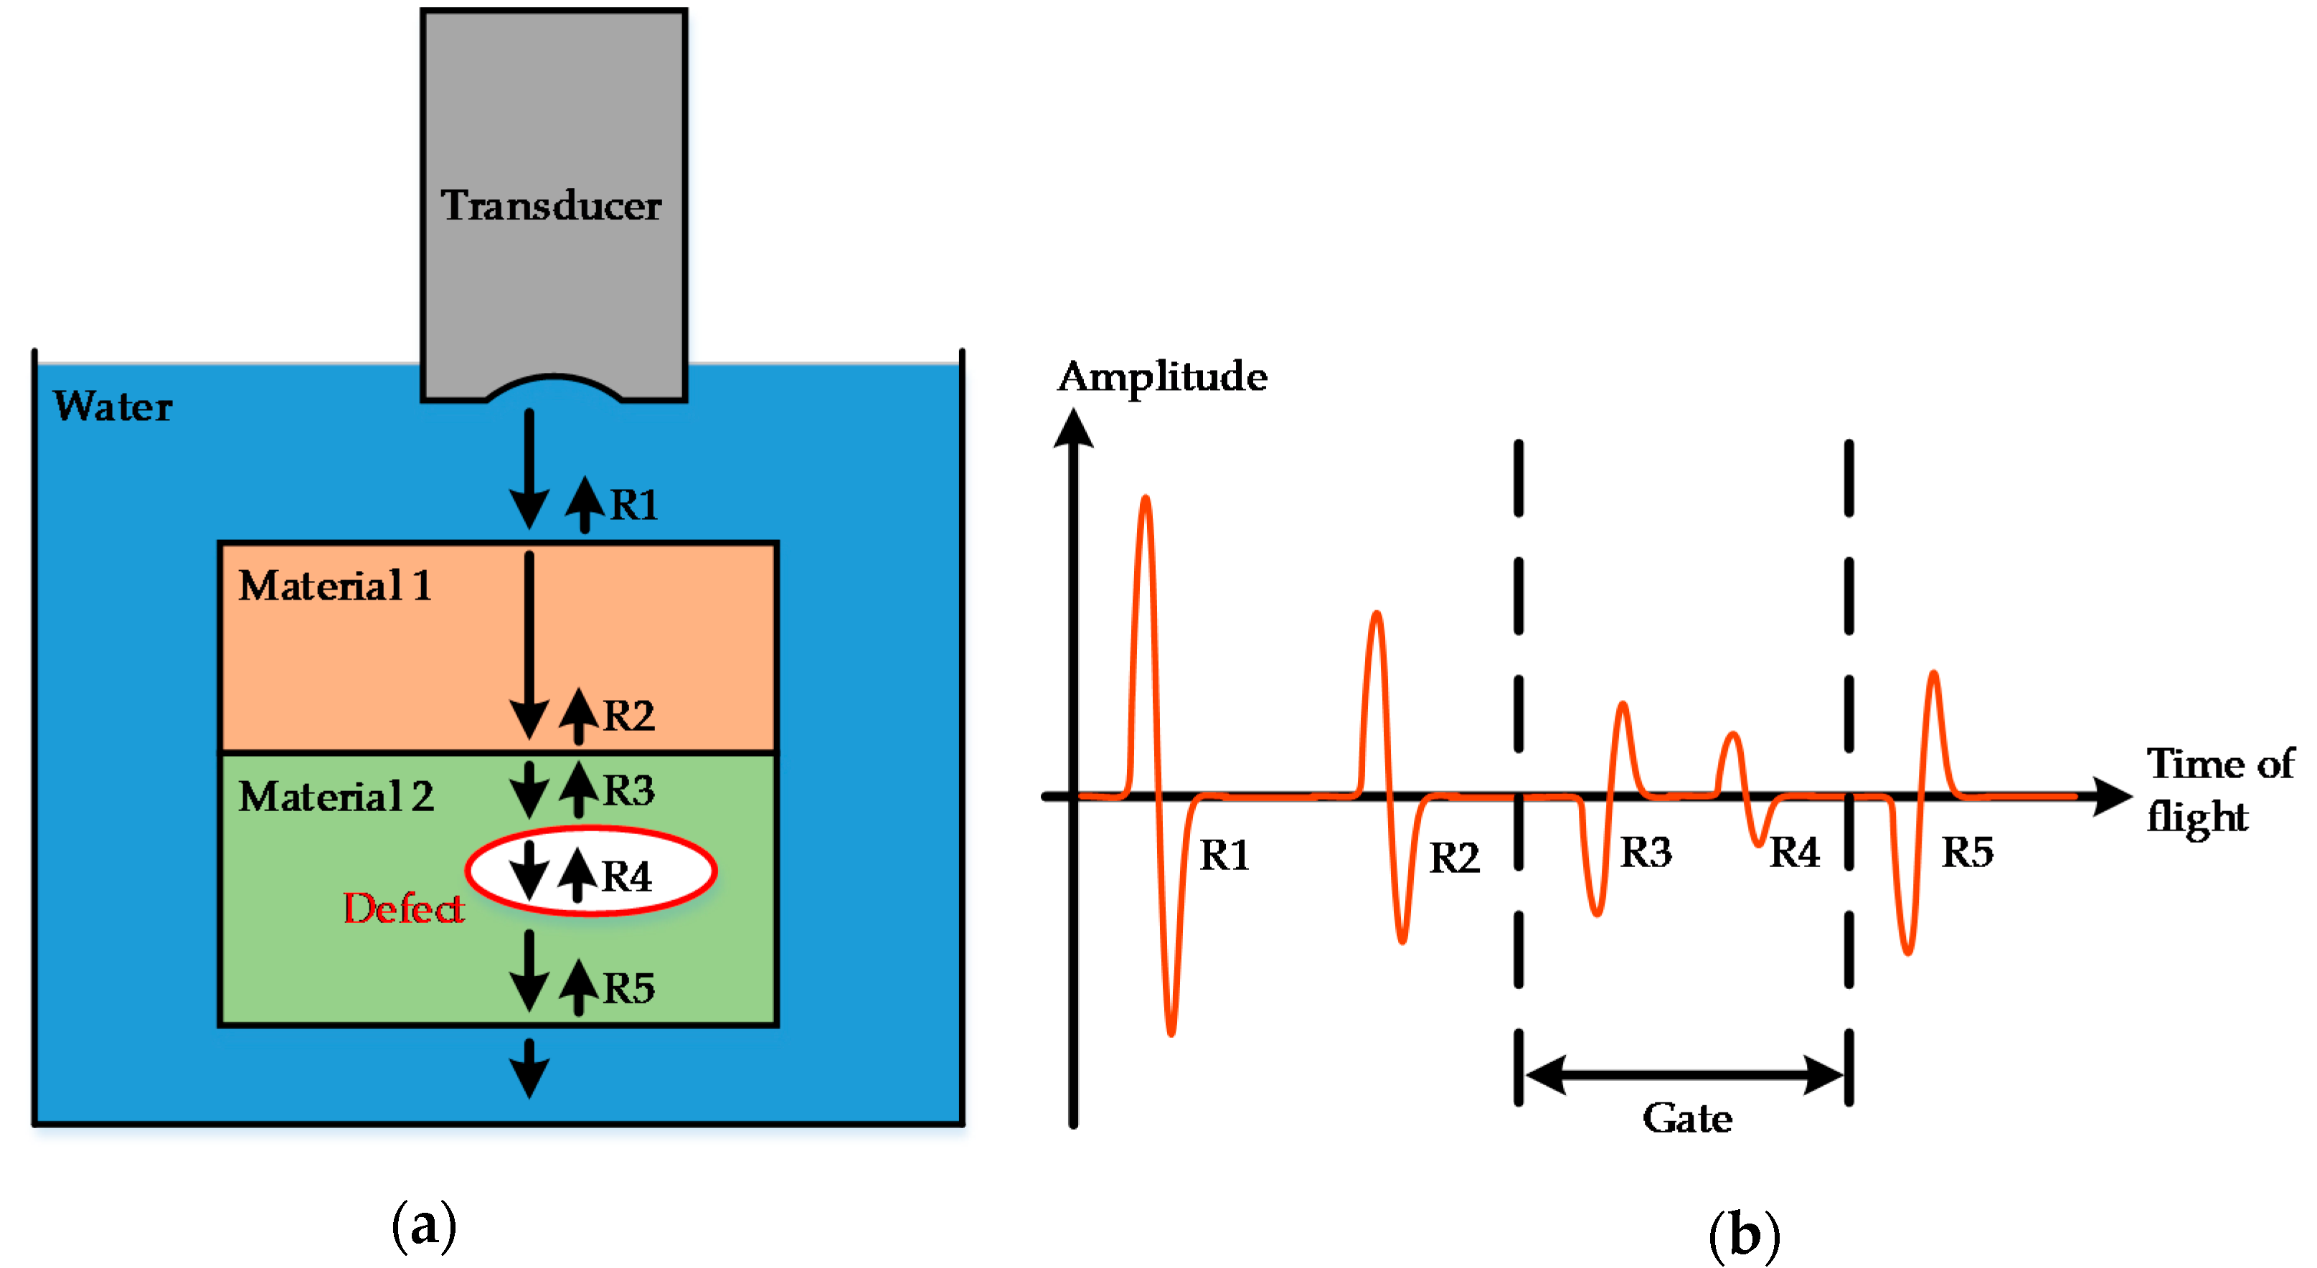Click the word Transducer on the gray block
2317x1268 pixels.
550,206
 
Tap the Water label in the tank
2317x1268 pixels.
113,407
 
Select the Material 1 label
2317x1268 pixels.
334,587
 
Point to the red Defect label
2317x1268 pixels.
403,908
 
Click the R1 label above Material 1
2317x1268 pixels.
634,504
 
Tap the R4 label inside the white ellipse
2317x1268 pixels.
626,876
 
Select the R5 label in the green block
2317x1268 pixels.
628,988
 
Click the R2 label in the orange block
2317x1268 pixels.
628,716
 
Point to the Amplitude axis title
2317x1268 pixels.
1161,377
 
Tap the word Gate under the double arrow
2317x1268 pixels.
1686,1119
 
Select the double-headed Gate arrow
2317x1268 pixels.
1684,1074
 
